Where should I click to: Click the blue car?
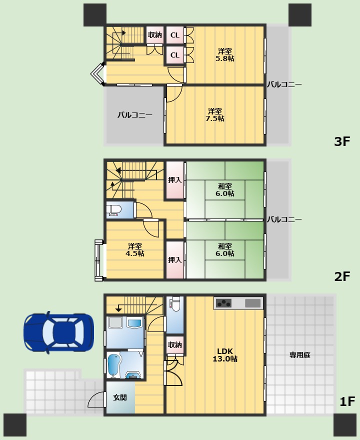click(58, 332)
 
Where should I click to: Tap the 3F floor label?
click(342, 141)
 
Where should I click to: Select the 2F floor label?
click(342, 276)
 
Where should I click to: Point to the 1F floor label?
click(347, 401)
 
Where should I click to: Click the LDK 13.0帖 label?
click(225, 355)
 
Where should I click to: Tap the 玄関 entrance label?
click(120, 397)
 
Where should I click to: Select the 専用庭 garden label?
click(300, 355)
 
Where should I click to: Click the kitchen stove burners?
click(223, 303)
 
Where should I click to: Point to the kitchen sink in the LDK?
click(253, 303)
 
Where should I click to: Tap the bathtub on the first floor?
click(113, 365)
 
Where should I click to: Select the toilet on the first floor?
click(175, 304)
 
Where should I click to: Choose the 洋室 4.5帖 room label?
click(135, 249)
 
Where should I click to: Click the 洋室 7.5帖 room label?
click(215, 115)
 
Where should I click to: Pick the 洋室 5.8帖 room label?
click(225, 55)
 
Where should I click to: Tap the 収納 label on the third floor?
click(155, 35)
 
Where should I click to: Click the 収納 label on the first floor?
click(175, 344)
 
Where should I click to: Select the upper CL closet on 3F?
click(175, 35)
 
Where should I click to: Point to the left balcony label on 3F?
click(134, 115)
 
